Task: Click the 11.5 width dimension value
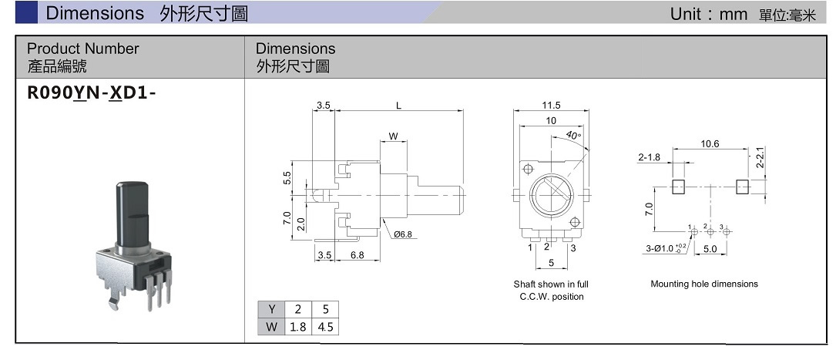551,105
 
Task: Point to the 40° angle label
573,135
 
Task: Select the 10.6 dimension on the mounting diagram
710,143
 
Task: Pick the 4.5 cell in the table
325,326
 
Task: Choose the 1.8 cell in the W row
297,326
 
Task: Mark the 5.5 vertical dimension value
287,178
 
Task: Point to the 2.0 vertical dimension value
300,224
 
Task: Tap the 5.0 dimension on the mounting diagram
710,249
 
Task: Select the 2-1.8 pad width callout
650,157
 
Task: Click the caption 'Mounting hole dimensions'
704,284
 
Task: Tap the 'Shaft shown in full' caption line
551,284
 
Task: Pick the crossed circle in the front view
550,193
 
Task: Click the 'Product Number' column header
83,49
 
